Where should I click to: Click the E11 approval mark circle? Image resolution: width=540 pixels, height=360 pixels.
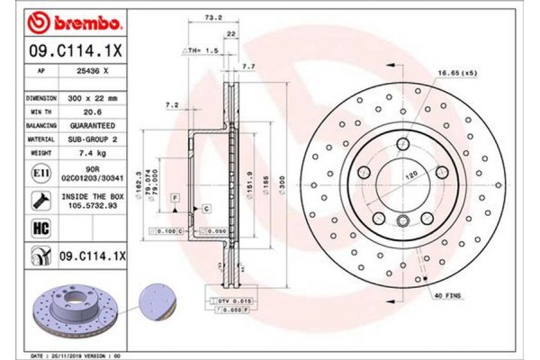pyautogui.click(x=40, y=172)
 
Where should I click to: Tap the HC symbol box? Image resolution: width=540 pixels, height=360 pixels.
pyautogui.click(x=40, y=229)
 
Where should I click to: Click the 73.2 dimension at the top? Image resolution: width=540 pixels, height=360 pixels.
pyautogui.click(x=213, y=17)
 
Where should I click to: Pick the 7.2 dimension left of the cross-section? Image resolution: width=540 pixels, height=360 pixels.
pyautogui.click(x=171, y=106)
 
